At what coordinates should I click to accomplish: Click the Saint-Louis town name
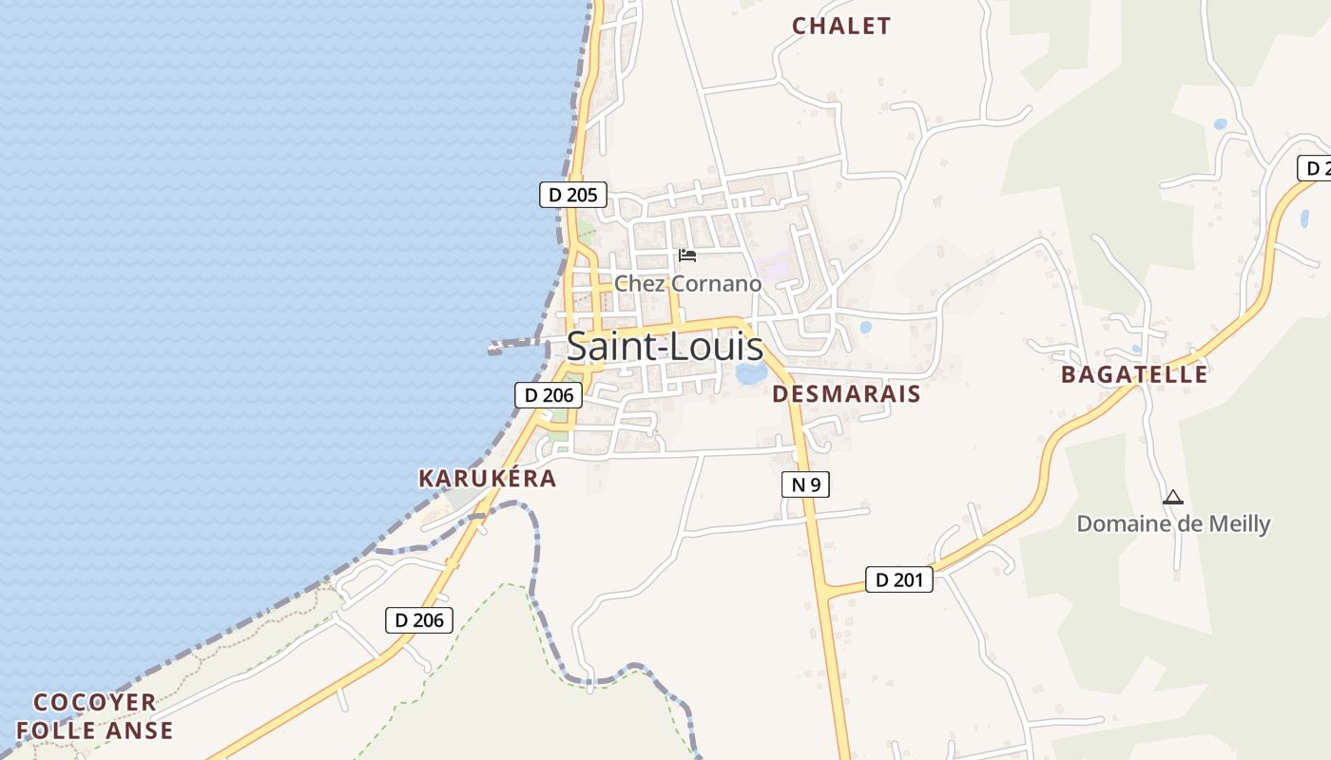click(665, 347)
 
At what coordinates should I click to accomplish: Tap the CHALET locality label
click(841, 26)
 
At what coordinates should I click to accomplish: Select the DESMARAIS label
click(846, 393)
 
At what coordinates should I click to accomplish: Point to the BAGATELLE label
click(1134, 374)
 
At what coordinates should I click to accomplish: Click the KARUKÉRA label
click(487, 478)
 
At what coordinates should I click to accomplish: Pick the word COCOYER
click(94, 703)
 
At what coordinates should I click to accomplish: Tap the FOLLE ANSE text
click(94, 731)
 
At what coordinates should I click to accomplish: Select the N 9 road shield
click(804, 484)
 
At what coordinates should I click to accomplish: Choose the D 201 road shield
click(898, 579)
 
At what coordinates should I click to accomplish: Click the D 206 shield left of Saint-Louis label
click(549, 395)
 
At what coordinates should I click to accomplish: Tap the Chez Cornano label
click(687, 283)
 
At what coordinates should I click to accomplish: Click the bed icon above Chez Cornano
click(687, 256)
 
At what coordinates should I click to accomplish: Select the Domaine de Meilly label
click(1173, 523)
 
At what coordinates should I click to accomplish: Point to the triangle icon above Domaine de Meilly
click(1173, 497)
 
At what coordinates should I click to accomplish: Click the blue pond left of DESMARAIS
click(751, 373)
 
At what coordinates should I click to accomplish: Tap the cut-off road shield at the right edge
click(1316, 168)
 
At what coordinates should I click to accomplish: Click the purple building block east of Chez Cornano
click(778, 265)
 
